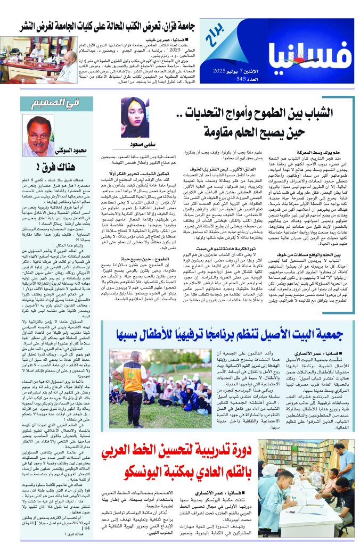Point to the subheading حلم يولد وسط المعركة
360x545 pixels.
pyautogui.click(x=323, y=152)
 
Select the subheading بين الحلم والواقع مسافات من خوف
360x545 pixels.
pyautogui.click(x=312, y=270)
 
